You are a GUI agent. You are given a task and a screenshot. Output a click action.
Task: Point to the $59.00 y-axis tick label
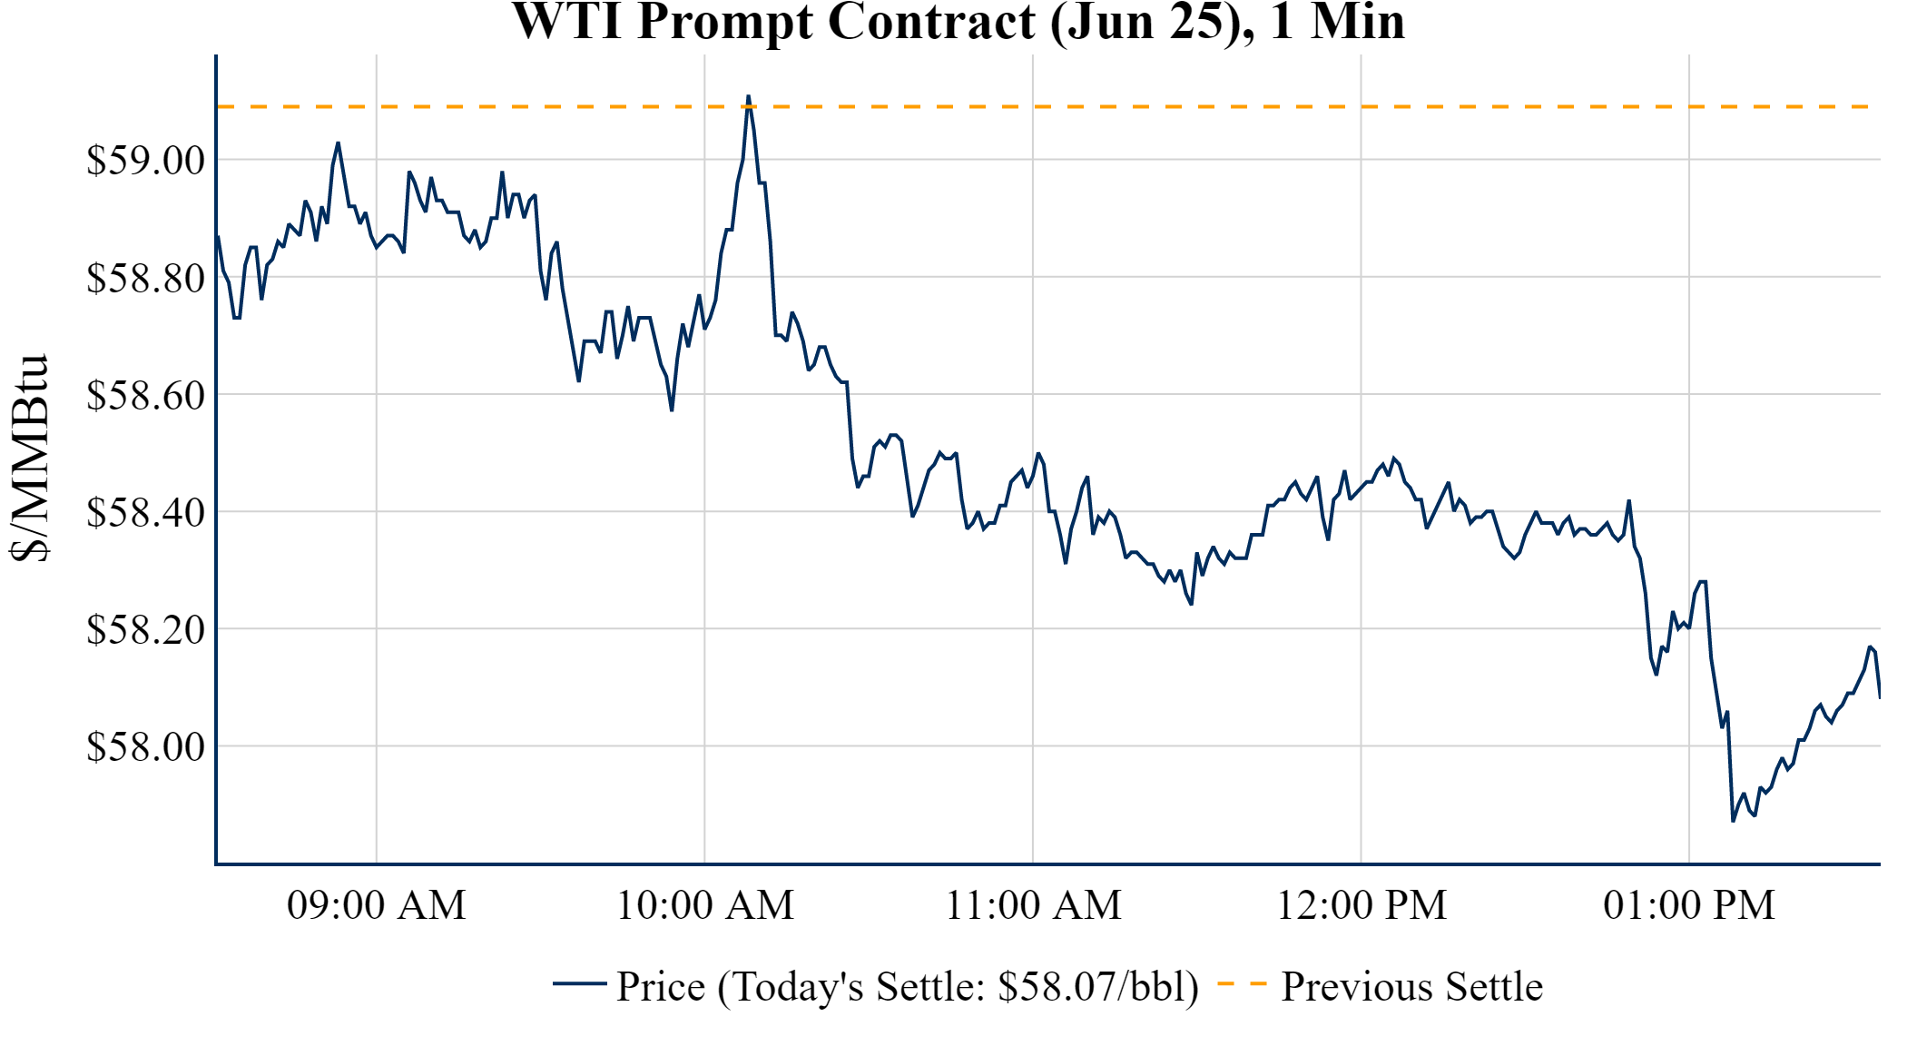pos(146,161)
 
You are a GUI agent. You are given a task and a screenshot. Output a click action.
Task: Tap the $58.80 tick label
pos(146,278)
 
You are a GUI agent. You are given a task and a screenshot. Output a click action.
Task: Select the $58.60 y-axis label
pos(146,395)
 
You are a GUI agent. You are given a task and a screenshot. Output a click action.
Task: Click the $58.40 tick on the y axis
pos(146,512)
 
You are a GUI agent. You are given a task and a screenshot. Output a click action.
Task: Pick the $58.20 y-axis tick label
pos(146,629)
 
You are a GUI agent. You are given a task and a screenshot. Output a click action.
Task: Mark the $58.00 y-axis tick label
pos(146,746)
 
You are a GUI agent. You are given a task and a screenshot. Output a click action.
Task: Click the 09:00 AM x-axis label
pos(377,905)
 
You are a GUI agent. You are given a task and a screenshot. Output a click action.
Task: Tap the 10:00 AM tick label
pos(705,905)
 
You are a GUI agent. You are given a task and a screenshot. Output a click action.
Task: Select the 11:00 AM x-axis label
pos(1034,905)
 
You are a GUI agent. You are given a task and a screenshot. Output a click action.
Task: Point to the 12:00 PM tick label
pos(1362,905)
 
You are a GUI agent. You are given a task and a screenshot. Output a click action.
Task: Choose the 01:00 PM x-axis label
pos(1689,905)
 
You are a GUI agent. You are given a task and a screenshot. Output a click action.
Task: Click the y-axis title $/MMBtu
pos(29,459)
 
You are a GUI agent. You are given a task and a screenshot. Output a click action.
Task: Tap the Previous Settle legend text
pos(1411,986)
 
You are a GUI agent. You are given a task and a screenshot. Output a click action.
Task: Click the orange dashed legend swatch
pos(1241,983)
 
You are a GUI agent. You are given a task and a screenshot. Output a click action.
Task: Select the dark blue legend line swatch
pos(579,983)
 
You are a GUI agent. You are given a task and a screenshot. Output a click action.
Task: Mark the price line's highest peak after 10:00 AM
pos(748,95)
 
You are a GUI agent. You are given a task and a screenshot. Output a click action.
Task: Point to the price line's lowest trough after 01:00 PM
pos(1733,821)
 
